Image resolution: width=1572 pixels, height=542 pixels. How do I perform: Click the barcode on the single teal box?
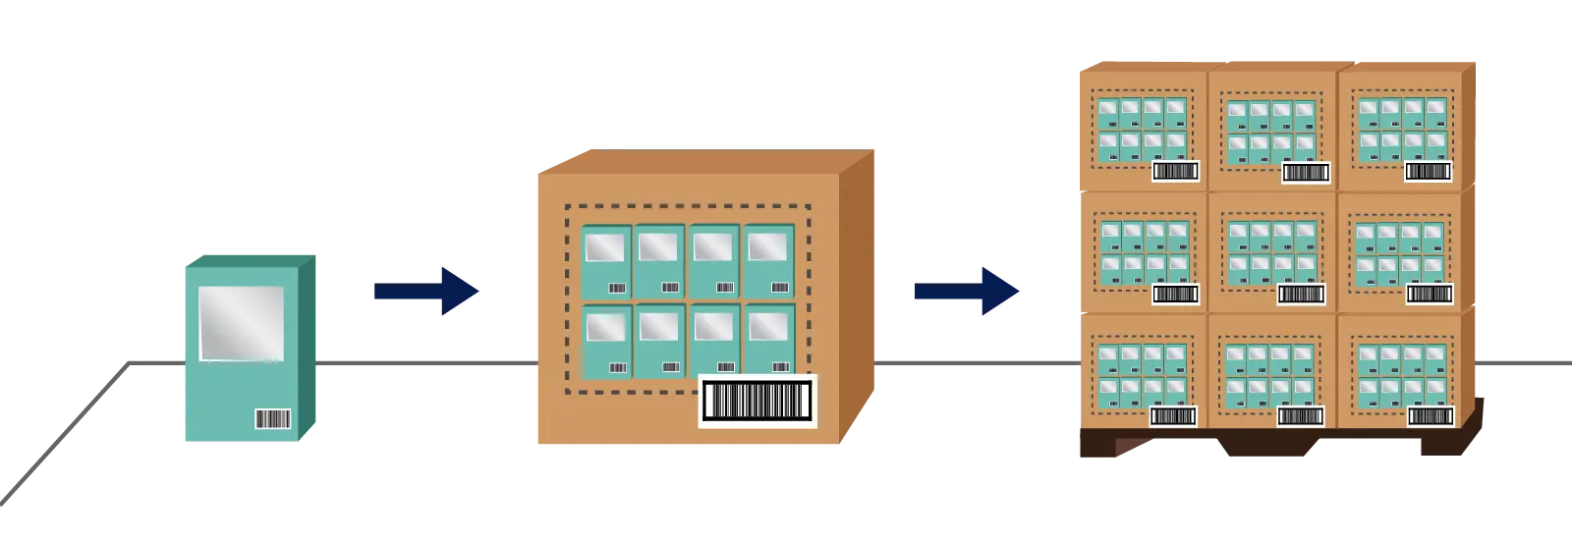pos(272,419)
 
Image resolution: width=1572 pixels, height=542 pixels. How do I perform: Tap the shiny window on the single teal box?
pos(241,322)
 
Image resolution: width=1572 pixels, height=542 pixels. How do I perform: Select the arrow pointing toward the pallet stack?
pos(967,291)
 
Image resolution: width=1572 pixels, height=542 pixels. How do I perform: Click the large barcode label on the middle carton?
pos(758,401)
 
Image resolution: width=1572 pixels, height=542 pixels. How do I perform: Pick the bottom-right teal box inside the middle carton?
pos(768,341)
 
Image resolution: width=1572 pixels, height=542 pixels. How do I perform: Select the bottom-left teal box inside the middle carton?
pos(606,341)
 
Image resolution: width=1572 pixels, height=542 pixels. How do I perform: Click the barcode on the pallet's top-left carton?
pos(1175,172)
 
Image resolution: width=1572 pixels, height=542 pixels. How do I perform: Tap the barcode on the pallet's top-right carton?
pos(1428,172)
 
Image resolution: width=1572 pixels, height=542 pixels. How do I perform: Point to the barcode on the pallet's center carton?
pos(1302,294)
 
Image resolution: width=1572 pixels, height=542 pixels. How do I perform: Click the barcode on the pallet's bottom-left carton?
pos(1173,416)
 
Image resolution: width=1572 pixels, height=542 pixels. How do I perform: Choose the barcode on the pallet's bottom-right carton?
pos(1430,416)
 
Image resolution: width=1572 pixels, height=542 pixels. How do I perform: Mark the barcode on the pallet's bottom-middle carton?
pos(1301,416)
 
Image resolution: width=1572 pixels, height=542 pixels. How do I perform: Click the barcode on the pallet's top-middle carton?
pos(1306,173)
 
